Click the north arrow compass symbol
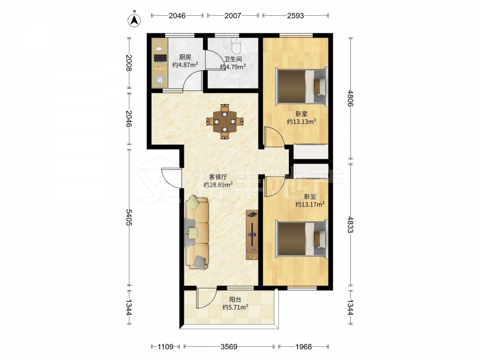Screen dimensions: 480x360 click(134, 20)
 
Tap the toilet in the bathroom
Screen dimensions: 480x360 click(236, 46)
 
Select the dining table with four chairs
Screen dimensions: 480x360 click(225, 121)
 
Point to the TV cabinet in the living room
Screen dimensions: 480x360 click(252, 235)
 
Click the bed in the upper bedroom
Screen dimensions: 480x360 click(301, 86)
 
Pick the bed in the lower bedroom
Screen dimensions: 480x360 click(301, 239)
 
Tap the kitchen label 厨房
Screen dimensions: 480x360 click(185, 57)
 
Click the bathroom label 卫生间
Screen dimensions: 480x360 click(233, 59)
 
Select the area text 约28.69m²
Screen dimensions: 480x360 click(218, 185)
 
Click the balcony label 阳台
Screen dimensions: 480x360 click(235, 300)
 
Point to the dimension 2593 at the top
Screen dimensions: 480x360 click(295, 16)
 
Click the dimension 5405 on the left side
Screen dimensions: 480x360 click(129, 217)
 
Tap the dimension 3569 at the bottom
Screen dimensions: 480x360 click(229, 347)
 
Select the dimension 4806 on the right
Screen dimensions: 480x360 click(350, 98)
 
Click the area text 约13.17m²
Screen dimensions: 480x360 click(310, 204)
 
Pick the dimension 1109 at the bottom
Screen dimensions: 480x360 click(165, 347)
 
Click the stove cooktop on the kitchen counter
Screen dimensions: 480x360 click(160, 58)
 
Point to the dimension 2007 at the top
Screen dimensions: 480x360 click(233, 16)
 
